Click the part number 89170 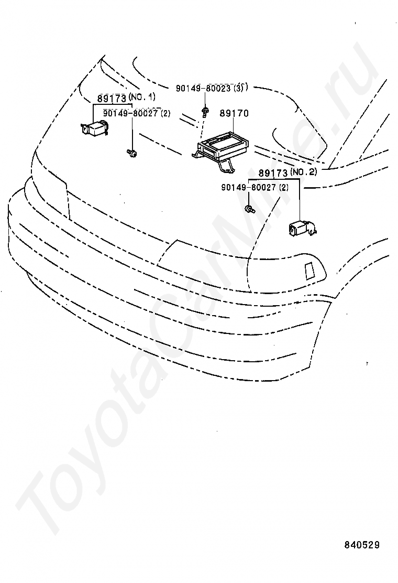[x=234, y=113]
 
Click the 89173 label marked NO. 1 [x=112, y=98]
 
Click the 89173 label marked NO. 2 [x=272, y=172]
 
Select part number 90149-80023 [x=204, y=89]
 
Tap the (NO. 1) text [x=141, y=98]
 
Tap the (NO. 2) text [x=303, y=172]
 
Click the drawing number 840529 [x=361, y=545]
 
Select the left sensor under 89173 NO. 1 [x=94, y=128]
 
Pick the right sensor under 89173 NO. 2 [x=301, y=229]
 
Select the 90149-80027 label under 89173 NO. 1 [x=130, y=113]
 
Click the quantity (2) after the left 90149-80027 [x=165, y=113]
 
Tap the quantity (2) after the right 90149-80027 [x=284, y=187]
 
